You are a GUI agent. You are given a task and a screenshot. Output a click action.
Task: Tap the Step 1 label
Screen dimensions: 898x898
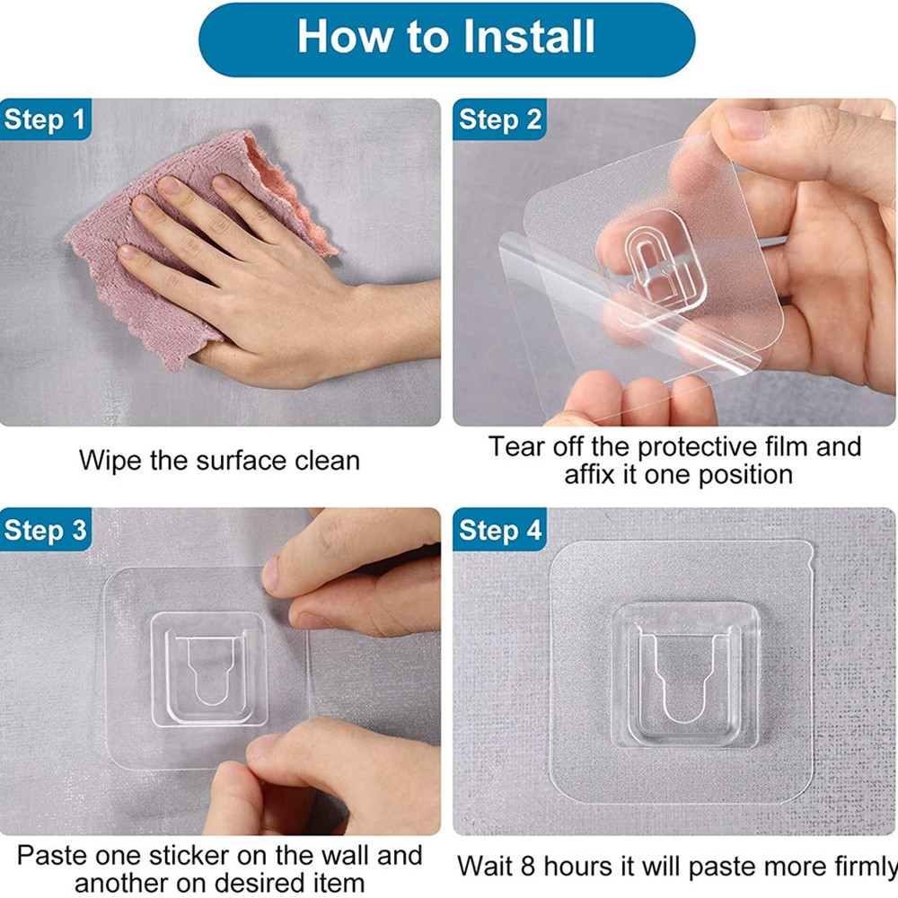pyautogui.click(x=46, y=119)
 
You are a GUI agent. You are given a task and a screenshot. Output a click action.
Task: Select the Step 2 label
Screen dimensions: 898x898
pyautogui.click(x=500, y=119)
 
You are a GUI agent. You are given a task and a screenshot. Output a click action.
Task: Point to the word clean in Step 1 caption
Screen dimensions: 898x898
pyautogui.click(x=321, y=461)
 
